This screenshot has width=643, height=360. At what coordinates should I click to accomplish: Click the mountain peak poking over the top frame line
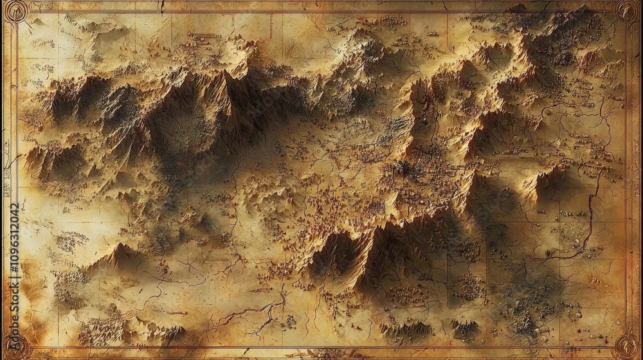(518, 8)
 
